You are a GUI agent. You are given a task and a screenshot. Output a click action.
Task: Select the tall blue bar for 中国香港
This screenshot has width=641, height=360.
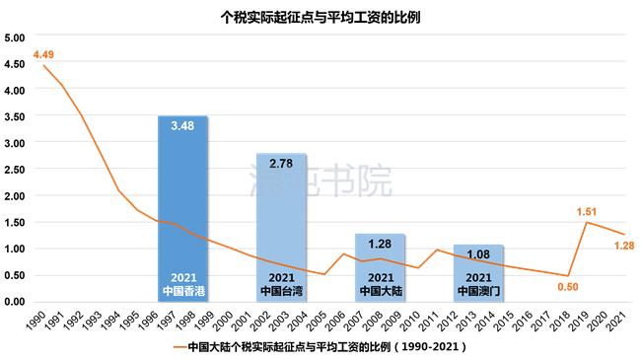pyautogui.click(x=182, y=208)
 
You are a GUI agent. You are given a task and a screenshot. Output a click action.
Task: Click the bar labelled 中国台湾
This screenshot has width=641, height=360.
pyautogui.click(x=281, y=227)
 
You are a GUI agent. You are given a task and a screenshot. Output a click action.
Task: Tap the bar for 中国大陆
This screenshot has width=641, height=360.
pyautogui.click(x=380, y=267)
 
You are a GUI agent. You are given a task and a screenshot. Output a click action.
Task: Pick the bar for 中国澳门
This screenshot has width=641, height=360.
pyautogui.click(x=478, y=272)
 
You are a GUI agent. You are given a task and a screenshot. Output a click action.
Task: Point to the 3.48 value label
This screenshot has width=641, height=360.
pyautogui.click(x=182, y=127)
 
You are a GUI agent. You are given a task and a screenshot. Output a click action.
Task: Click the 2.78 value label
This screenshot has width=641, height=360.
pyautogui.click(x=281, y=164)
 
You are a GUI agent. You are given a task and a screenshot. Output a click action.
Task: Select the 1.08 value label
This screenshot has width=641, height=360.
pyautogui.click(x=478, y=254)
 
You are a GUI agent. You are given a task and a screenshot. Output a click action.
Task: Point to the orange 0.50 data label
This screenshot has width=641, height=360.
pyautogui.click(x=566, y=286)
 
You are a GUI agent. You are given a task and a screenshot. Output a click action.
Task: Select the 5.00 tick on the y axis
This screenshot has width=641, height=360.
pyautogui.click(x=15, y=37)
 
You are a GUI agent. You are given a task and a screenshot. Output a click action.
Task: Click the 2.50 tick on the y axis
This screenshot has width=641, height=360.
pyautogui.click(x=15, y=170)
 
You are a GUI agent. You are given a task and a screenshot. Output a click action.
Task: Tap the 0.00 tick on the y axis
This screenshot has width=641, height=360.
pyautogui.click(x=15, y=301)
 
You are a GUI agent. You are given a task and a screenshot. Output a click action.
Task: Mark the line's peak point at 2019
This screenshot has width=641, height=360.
pyautogui.click(x=588, y=222)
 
